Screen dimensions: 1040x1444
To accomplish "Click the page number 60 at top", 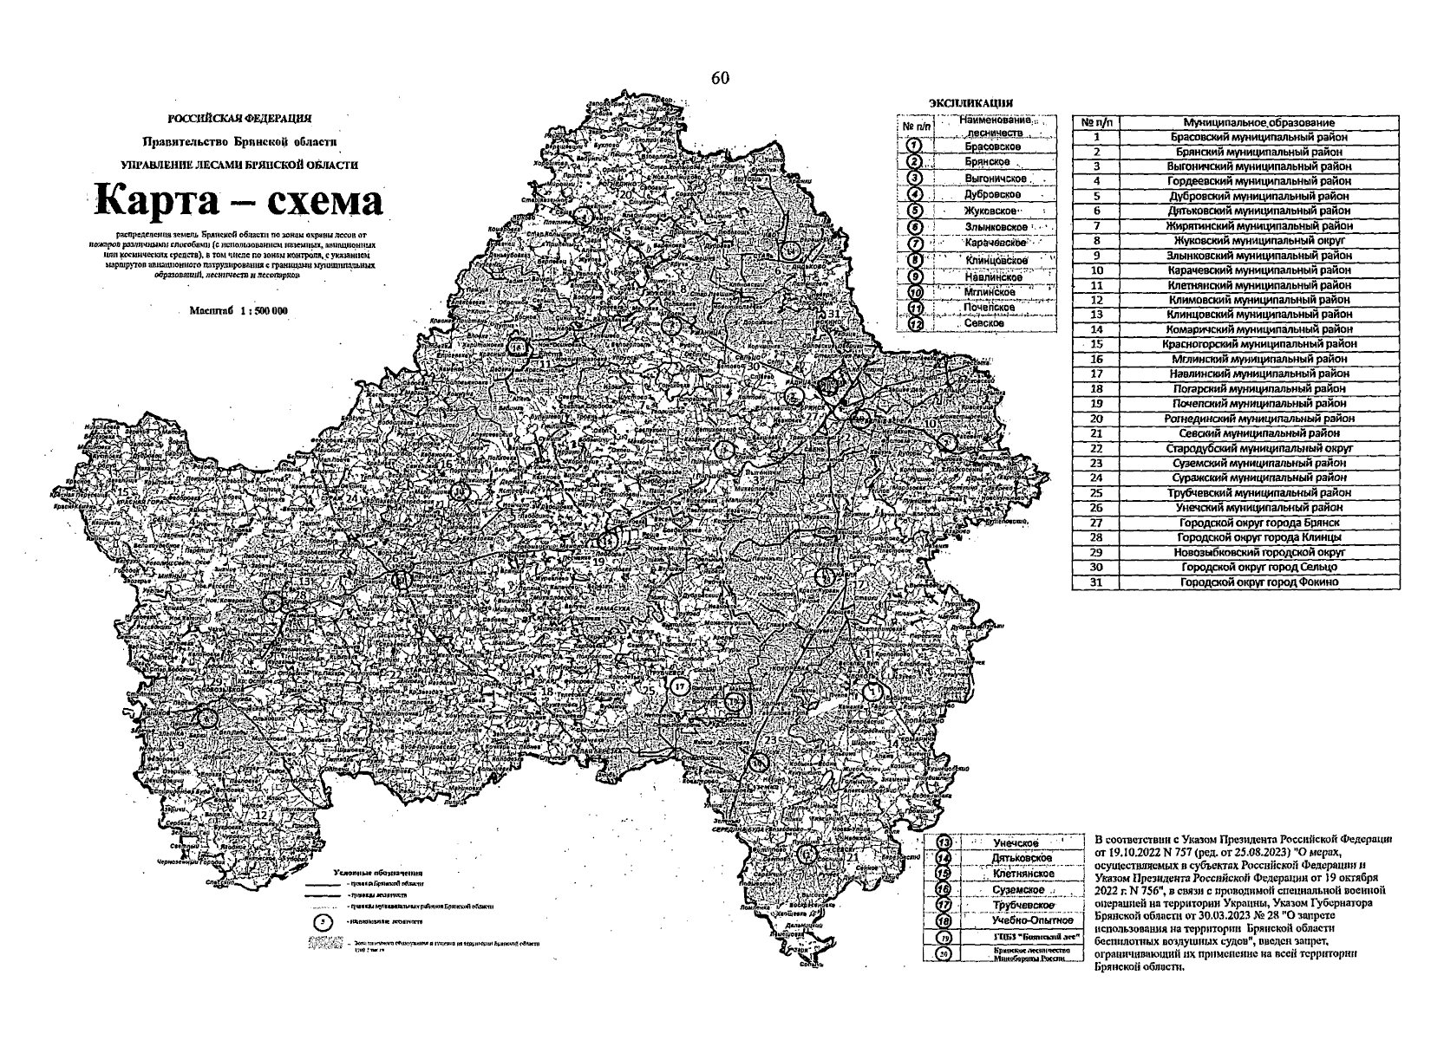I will tap(720, 78).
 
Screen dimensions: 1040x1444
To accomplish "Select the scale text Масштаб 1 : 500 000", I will tap(238, 310).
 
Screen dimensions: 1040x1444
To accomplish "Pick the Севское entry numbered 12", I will tap(984, 322).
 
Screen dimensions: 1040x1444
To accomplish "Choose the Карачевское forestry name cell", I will tap(995, 243).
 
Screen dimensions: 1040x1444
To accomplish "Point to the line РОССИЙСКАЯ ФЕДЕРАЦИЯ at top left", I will tap(239, 118).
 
